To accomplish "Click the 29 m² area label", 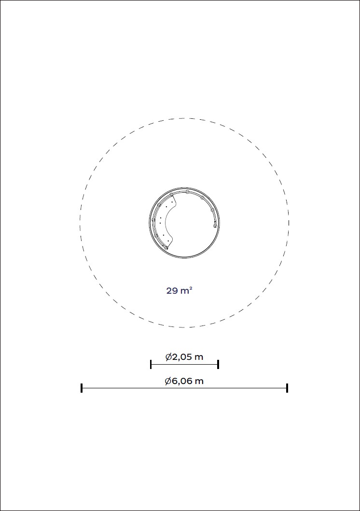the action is pyautogui.click(x=180, y=290).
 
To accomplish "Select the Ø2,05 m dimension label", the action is pyautogui.click(x=184, y=357).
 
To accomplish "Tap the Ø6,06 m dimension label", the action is pyautogui.click(x=184, y=381).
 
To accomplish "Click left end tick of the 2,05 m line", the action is pyautogui.click(x=151, y=364).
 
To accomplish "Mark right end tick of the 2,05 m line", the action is pyautogui.click(x=218, y=364).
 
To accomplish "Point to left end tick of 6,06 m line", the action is pyautogui.click(x=82, y=388).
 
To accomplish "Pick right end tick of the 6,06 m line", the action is pyautogui.click(x=287, y=388).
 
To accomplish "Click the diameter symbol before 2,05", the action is pyautogui.click(x=168, y=357).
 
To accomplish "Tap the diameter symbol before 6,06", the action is pyautogui.click(x=168, y=381).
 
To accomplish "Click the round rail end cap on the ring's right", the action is pyautogui.click(x=214, y=226).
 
